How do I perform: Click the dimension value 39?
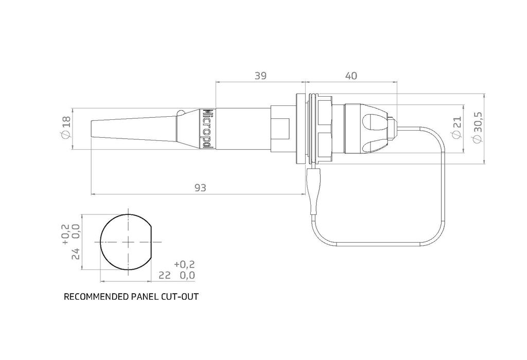(x=260, y=76)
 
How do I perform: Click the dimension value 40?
(x=351, y=76)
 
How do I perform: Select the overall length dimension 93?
(x=200, y=188)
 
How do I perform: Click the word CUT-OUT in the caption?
(x=181, y=297)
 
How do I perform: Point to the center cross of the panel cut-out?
(x=127, y=242)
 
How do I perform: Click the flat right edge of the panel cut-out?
(x=153, y=242)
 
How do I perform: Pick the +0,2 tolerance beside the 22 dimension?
(x=184, y=264)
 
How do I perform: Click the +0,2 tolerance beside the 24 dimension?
(x=65, y=234)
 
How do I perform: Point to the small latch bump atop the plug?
(x=181, y=113)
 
